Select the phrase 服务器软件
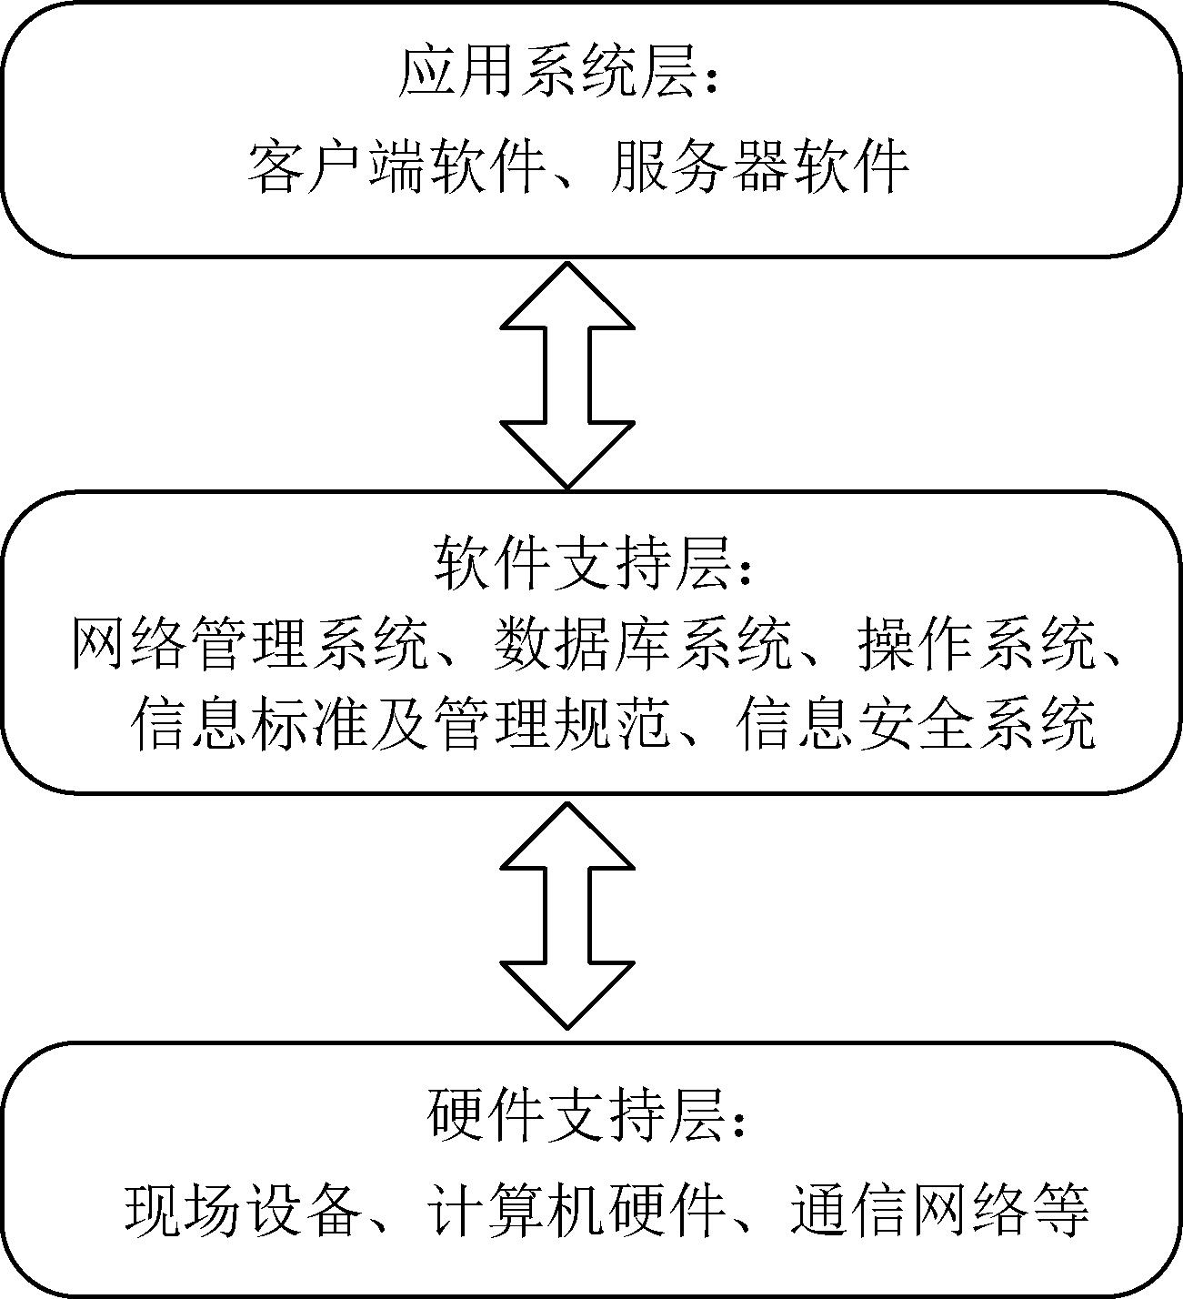[x=759, y=167]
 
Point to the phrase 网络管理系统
[x=249, y=644]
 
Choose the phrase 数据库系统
[x=643, y=644]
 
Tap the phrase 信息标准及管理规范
[x=399, y=723]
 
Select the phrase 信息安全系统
[x=916, y=723]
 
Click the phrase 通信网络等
[x=940, y=1202]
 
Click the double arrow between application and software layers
[x=567, y=375]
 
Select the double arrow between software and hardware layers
[x=567, y=915]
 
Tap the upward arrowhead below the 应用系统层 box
[x=567, y=296]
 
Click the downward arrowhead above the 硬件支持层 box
[x=567, y=995]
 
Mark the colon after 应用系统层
[x=712, y=79]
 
